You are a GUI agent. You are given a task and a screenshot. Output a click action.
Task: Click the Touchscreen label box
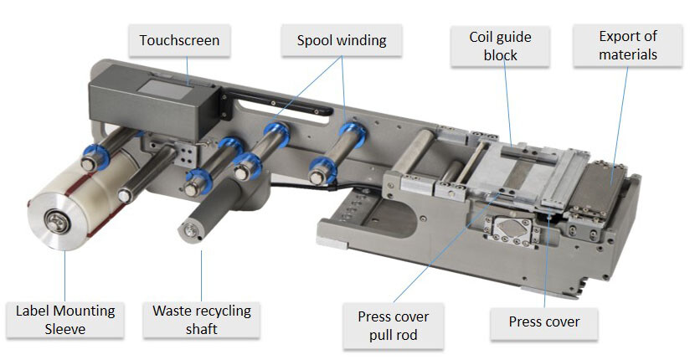179,40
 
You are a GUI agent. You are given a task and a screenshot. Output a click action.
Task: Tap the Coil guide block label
500,46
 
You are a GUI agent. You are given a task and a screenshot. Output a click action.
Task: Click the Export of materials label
628,46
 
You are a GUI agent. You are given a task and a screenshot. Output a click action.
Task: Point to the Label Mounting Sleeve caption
65,320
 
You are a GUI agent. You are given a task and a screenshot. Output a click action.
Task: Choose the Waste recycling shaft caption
201,320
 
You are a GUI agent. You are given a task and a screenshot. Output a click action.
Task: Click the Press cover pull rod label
393,327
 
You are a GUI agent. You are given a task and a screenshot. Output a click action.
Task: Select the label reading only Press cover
543,321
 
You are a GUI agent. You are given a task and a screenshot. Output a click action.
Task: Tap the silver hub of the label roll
57,222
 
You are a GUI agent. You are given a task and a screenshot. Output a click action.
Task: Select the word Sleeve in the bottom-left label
65,329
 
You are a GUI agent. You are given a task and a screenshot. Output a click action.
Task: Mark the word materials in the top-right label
628,55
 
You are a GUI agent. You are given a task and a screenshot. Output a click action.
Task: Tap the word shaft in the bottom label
201,329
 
